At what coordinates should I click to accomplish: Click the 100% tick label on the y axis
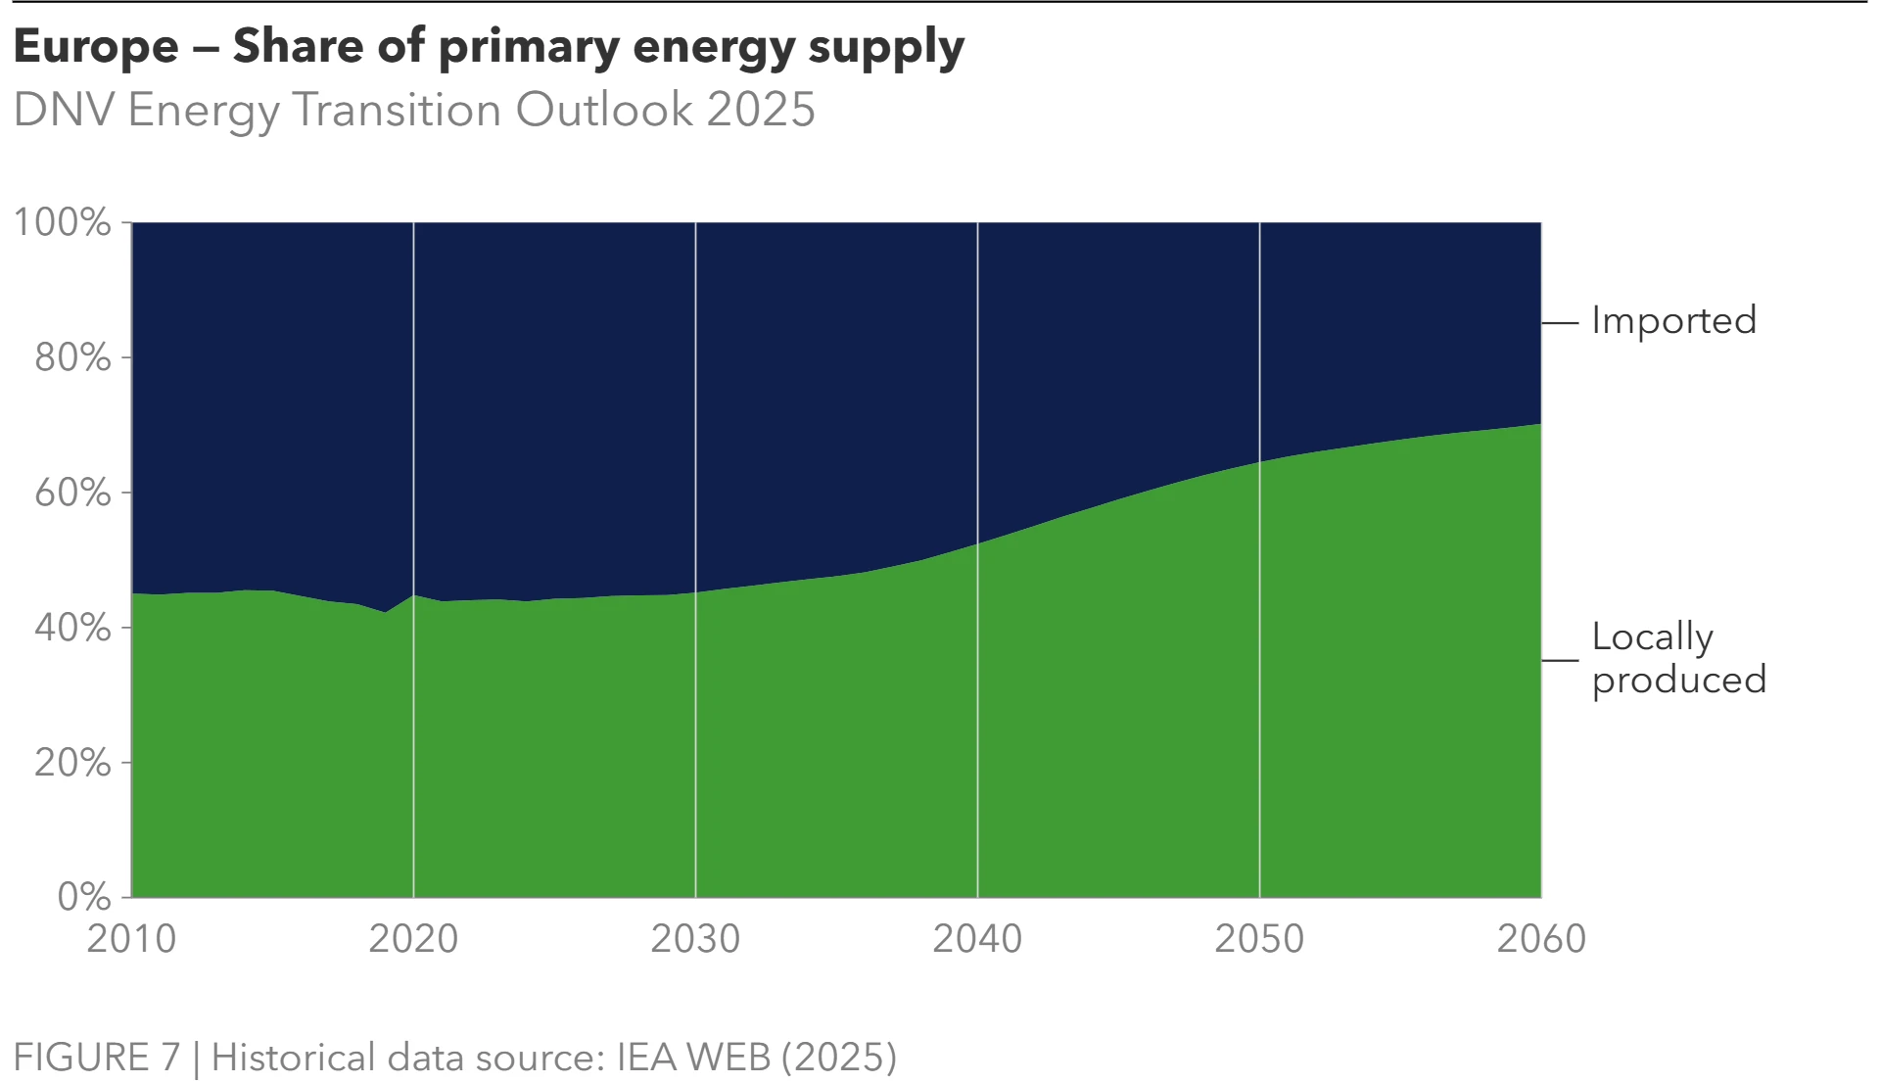pyautogui.click(x=62, y=222)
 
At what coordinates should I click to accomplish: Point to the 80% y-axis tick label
pyautogui.click(x=72, y=357)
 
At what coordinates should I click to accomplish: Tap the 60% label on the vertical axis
pyautogui.click(x=72, y=493)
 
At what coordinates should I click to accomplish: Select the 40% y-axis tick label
pyautogui.click(x=72, y=628)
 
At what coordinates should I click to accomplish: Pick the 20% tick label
pyautogui.click(x=72, y=763)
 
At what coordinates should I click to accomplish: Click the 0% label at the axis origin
pyautogui.click(x=84, y=897)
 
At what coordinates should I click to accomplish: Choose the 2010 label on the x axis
pyautogui.click(x=131, y=939)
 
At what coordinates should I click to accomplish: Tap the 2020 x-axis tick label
pyautogui.click(x=413, y=939)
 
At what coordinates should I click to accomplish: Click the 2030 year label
pyautogui.click(x=695, y=939)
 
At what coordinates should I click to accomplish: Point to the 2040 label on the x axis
pyautogui.click(x=977, y=939)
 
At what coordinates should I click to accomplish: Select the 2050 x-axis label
pyautogui.click(x=1259, y=939)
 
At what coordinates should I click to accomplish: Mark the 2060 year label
pyautogui.click(x=1541, y=939)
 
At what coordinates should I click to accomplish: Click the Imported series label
pyautogui.click(x=1673, y=321)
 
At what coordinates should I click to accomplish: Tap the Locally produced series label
pyautogui.click(x=1678, y=658)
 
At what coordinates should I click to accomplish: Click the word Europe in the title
pyautogui.click(x=96, y=46)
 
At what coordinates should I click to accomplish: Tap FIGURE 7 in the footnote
pyautogui.click(x=97, y=1058)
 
